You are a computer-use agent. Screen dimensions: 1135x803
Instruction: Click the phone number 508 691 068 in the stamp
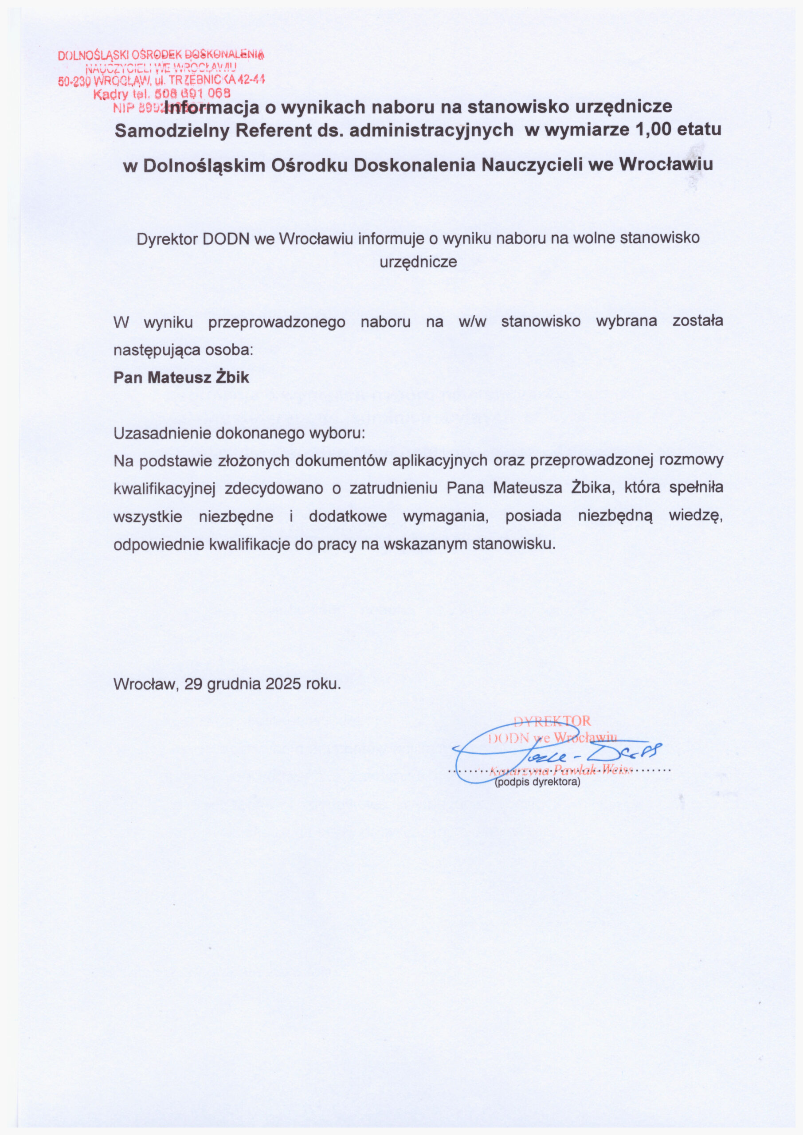pos(193,93)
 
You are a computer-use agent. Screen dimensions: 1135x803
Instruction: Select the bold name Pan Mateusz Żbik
pos(181,378)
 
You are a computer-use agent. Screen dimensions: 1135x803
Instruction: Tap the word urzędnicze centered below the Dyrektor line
pos(418,262)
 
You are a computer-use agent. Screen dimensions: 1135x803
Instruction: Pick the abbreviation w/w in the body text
pos(472,322)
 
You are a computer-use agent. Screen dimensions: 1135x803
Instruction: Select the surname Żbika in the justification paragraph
pos(592,488)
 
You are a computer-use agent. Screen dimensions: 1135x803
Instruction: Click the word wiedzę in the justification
pos(696,516)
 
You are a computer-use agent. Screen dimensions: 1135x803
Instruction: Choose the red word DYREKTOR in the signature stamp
pos(552,721)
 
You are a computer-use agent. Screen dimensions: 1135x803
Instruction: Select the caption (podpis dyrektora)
pos(537,783)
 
